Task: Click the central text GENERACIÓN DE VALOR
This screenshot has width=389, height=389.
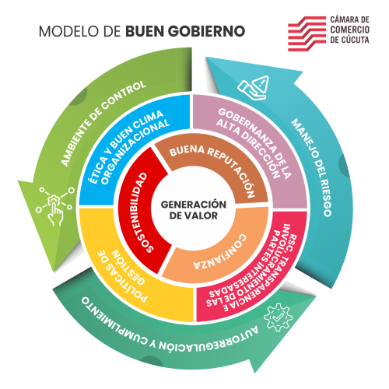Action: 194,210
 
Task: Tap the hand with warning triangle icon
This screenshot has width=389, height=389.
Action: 254,88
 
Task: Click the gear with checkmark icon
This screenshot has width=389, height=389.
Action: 278,317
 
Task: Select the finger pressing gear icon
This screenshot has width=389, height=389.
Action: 55,205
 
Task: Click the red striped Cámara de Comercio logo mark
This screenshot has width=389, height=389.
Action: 307,33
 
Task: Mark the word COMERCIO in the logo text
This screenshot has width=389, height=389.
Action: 349,30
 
